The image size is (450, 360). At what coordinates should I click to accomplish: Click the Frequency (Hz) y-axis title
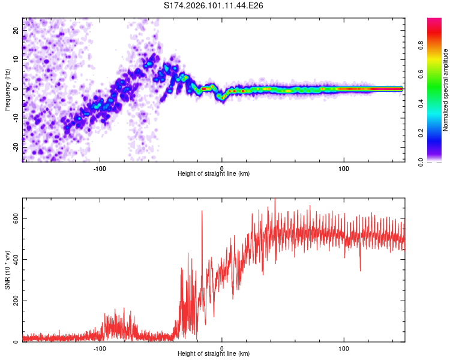(8, 89)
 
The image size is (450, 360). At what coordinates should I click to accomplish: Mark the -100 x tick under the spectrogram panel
(100, 168)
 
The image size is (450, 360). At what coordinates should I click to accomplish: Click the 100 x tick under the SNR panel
(344, 349)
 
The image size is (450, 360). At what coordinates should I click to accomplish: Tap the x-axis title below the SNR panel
(214, 355)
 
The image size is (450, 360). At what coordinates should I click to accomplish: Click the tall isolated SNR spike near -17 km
(202, 211)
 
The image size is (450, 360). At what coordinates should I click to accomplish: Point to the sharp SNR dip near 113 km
(360, 270)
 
